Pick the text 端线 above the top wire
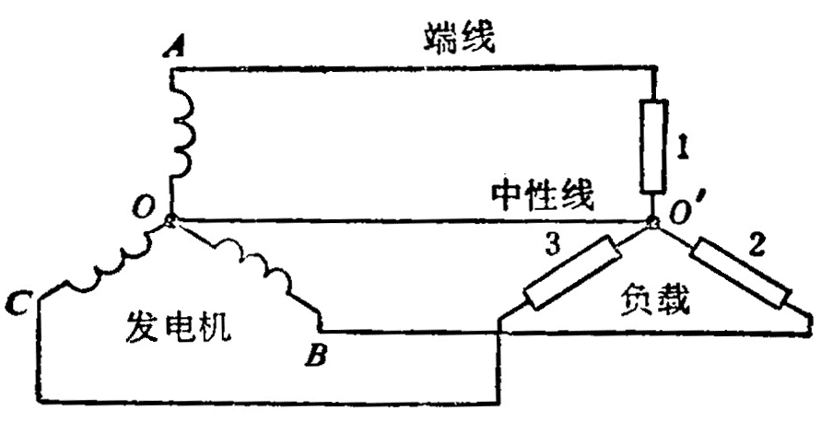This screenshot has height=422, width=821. coord(461,38)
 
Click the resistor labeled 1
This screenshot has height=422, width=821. coord(654,145)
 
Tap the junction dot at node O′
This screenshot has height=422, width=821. coord(653,221)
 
